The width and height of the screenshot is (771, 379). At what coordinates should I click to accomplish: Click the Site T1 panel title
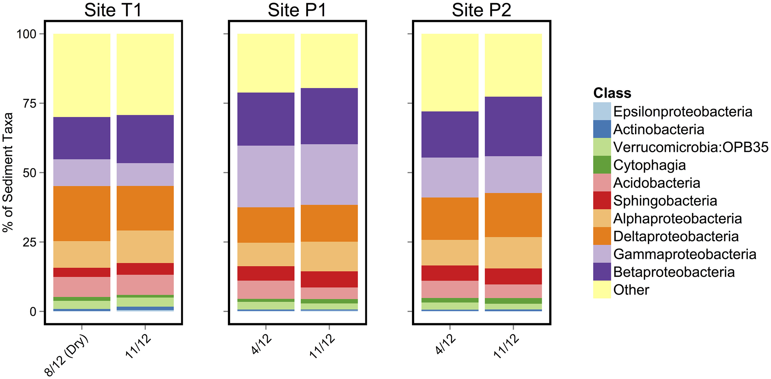113,10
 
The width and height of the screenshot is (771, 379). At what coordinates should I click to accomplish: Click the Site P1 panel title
297,10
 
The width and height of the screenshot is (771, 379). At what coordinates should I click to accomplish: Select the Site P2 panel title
481,10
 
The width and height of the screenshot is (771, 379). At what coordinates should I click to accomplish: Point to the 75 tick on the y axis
30,103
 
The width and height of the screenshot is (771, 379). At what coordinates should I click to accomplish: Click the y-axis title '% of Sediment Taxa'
8,172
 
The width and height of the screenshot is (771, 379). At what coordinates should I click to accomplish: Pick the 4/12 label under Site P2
445,345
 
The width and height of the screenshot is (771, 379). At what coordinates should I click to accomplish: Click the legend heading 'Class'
612,93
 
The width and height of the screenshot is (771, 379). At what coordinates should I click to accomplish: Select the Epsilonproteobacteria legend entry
682,111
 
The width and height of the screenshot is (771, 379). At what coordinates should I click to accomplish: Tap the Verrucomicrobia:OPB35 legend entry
691,147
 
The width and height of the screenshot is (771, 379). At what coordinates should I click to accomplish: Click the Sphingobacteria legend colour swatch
602,201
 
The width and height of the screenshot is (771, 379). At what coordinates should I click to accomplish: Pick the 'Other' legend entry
631,290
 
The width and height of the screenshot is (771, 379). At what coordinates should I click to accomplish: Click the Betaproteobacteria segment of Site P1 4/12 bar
266,119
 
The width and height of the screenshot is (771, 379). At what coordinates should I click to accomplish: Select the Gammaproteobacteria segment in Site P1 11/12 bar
329,174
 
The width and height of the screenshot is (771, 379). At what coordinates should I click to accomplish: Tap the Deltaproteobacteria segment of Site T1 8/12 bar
82,213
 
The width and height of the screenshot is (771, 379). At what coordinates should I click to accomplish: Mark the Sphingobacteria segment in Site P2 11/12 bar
513,276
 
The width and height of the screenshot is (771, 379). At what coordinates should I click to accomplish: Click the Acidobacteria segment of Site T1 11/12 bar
145,285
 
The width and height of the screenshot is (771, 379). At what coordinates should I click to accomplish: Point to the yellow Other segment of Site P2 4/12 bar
450,73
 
